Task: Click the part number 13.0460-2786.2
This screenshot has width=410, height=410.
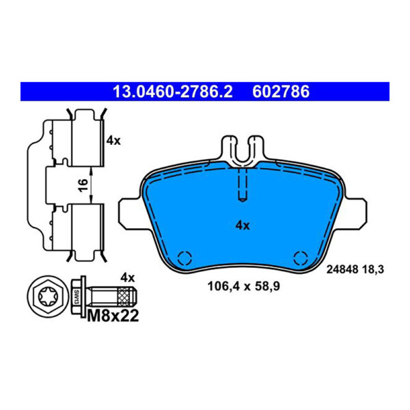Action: tap(173, 92)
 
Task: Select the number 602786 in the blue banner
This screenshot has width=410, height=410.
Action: tap(281, 92)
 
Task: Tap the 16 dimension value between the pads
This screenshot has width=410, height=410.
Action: tap(83, 185)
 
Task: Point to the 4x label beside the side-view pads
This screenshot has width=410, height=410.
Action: tap(113, 141)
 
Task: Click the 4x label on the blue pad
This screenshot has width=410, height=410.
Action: tap(243, 225)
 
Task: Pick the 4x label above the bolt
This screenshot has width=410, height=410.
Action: tap(127, 277)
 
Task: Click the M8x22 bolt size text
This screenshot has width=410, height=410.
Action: tap(113, 316)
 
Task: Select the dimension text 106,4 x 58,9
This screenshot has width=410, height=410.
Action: tap(244, 286)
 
